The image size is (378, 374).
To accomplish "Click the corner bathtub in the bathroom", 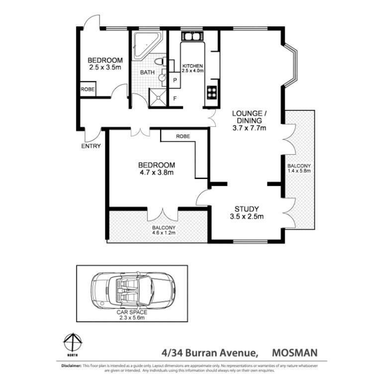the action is pyautogui.click(x=146, y=46).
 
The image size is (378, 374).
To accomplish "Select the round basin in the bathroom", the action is pyautogui.click(x=162, y=78).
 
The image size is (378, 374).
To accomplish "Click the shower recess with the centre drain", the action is pyautogui.click(x=158, y=97).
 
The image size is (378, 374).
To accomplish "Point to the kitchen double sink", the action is pyautogui.click(x=192, y=36).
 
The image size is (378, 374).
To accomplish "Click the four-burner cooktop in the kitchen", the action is pyautogui.click(x=212, y=93).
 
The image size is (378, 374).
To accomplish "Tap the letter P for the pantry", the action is pyautogui.click(x=175, y=80).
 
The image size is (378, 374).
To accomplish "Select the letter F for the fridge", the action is pyautogui.click(x=175, y=98).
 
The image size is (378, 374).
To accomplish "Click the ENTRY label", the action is pyautogui.click(x=91, y=146).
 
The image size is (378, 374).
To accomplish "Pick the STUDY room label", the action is pyautogui.click(x=247, y=209).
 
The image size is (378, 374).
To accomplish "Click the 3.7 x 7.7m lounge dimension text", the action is pyautogui.click(x=249, y=128).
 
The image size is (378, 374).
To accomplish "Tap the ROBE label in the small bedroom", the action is pyautogui.click(x=88, y=89).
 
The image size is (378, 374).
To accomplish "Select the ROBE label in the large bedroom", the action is pyautogui.click(x=183, y=136).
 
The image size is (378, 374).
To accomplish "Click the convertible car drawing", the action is pyautogui.click(x=133, y=290).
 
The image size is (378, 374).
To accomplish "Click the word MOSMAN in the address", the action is pyautogui.click(x=294, y=353).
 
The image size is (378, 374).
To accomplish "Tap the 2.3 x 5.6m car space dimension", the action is pyautogui.click(x=132, y=318).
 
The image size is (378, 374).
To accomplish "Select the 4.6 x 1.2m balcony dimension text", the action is pyautogui.click(x=164, y=233).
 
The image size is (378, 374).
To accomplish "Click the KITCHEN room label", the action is pyautogui.click(x=192, y=66).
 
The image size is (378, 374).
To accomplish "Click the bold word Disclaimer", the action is pyautogui.click(x=72, y=366).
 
